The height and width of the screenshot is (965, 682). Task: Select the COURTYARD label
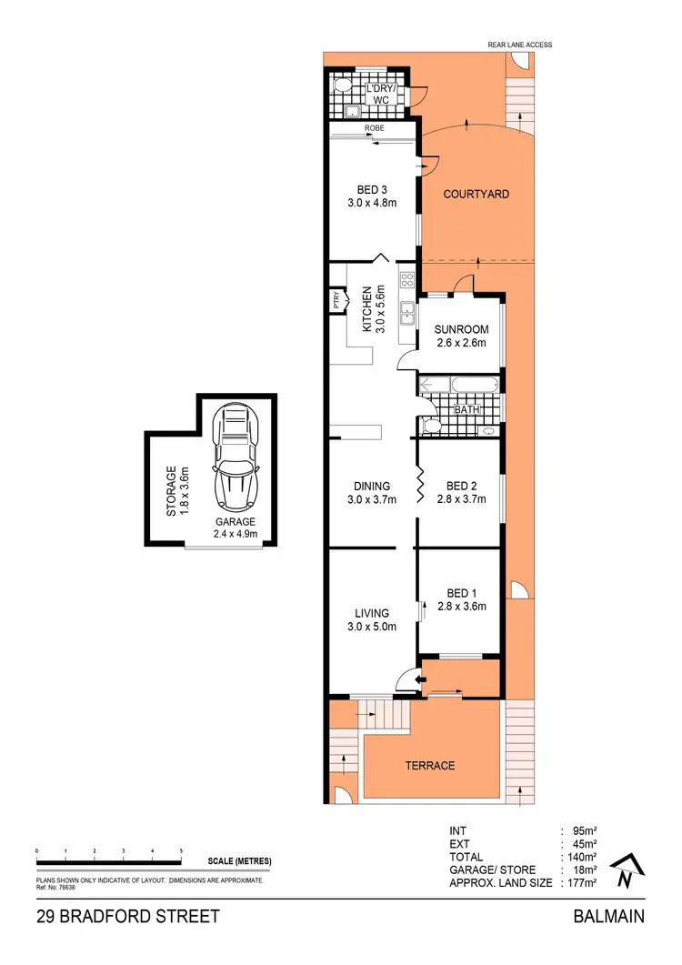coord(476,194)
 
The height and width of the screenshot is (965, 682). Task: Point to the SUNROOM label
coord(461,329)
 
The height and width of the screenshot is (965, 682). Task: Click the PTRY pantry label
coord(336,299)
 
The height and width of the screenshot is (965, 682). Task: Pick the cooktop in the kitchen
coord(406,278)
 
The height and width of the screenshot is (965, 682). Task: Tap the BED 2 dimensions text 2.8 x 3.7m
coord(461,499)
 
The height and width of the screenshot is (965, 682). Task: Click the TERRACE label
coord(430,765)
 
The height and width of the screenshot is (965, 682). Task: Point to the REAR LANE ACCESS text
coord(519,45)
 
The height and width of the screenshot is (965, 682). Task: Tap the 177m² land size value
coord(583,882)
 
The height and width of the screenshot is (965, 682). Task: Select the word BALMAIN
coord(608,917)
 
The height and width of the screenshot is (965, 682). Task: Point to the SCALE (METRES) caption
coord(239,861)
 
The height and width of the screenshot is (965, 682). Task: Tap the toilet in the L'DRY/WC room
coord(342,86)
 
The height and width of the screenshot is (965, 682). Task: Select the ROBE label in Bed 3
coord(374,129)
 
